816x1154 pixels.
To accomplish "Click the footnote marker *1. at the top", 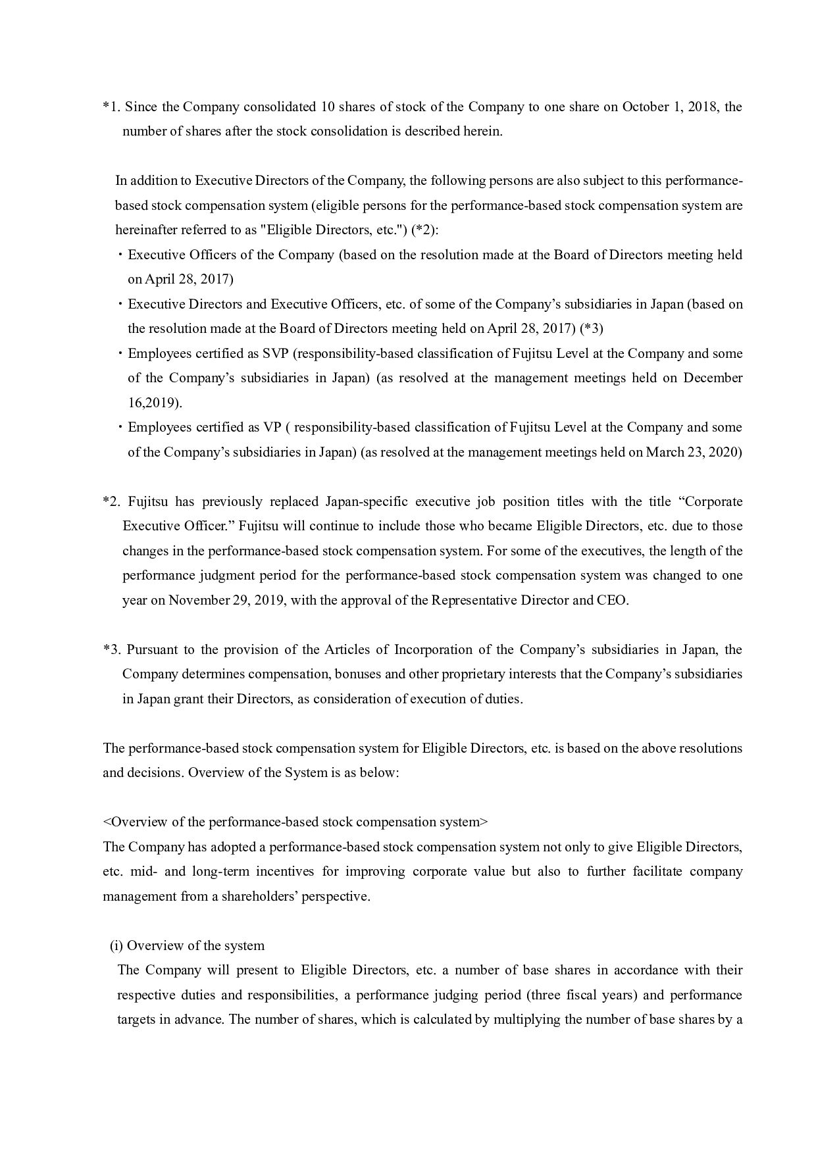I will (x=111, y=107).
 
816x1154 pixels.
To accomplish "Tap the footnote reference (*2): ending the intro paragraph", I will (x=424, y=230).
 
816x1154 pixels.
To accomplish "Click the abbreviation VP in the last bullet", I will (x=272, y=427).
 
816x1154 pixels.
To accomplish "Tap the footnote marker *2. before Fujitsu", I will (x=111, y=501).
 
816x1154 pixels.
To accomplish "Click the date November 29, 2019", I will (x=227, y=600).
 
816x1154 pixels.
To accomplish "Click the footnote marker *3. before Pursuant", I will (x=111, y=649).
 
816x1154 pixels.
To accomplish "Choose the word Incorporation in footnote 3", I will (x=434, y=649).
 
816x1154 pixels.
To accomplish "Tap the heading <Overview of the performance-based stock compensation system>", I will (x=295, y=822).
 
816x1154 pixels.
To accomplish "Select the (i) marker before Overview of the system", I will (x=116, y=945).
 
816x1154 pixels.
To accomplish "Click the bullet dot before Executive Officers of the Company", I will (x=121, y=255).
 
